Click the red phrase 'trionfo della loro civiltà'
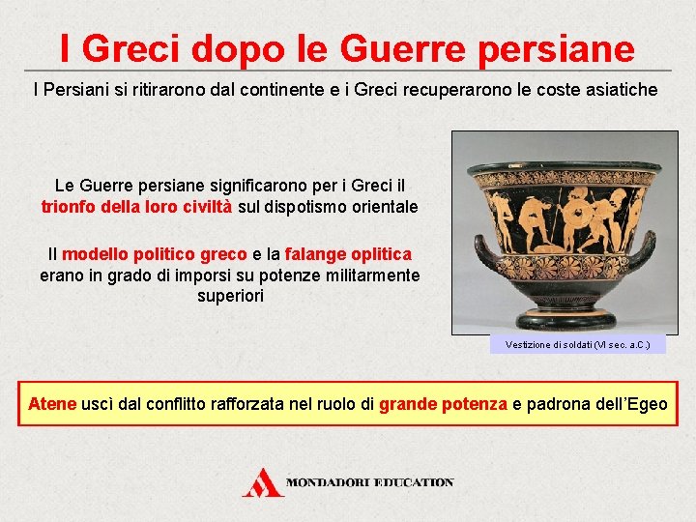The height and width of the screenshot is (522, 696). pyautogui.click(x=136, y=206)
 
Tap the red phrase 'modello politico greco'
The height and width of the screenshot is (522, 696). pyautogui.click(x=155, y=254)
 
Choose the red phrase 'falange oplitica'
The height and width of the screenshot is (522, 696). pyautogui.click(x=348, y=254)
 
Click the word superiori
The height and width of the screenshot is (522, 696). pyautogui.click(x=229, y=297)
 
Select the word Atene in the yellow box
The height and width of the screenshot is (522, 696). pyautogui.click(x=52, y=404)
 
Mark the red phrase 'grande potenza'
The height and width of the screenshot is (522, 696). pyautogui.click(x=443, y=404)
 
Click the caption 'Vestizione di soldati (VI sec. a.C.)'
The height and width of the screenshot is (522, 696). pyautogui.click(x=577, y=344)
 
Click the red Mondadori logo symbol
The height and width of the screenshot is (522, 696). pyautogui.click(x=262, y=482)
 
